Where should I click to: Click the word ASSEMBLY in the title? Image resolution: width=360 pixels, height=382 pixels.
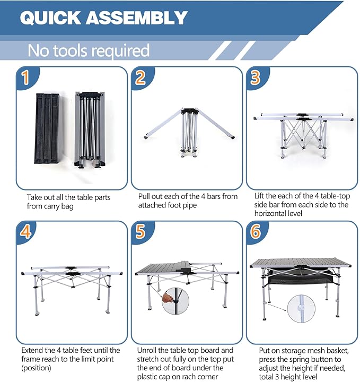tap(137, 18)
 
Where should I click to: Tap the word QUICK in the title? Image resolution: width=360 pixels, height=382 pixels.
tap(50, 18)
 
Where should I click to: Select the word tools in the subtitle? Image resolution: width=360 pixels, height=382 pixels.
tap(70, 50)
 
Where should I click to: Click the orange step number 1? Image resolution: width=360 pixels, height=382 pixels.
tap(26, 77)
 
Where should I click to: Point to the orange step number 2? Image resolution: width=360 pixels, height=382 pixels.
tap(141, 77)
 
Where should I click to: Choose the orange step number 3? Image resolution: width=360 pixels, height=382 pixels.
tap(256, 77)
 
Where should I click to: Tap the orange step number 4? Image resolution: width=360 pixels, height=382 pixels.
tap(25, 231)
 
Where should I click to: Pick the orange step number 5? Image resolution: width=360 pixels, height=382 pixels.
tap(141, 231)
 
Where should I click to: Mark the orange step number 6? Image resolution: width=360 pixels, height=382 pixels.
tap(256, 231)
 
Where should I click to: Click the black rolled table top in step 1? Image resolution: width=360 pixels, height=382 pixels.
tap(48, 128)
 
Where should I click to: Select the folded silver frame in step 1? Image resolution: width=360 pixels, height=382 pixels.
tap(90, 129)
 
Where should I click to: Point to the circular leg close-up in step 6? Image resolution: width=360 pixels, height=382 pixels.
tap(301, 309)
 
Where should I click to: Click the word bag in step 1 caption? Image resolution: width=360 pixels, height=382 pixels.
tap(67, 206)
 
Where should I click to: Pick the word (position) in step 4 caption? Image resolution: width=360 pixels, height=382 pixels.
tap(36, 368)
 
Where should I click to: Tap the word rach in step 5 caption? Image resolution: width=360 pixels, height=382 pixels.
tap(187, 377)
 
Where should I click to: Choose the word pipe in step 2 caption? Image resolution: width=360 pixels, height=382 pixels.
tap(190, 205)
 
